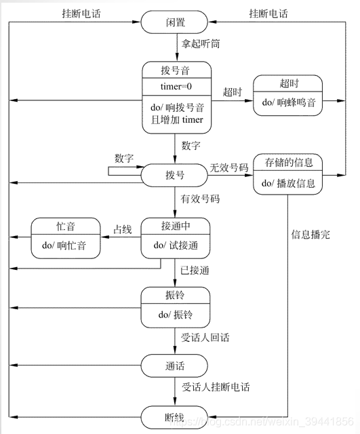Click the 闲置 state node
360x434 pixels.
[x=174, y=22]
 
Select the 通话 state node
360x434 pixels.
[x=174, y=366]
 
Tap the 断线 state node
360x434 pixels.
[x=174, y=417]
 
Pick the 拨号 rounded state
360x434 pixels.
[x=174, y=175]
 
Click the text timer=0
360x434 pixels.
[x=176, y=87]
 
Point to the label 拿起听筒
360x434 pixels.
[x=201, y=43]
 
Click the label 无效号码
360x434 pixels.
[x=229, y=167]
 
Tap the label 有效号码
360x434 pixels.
[x=200, y=199]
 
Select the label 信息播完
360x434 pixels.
[x=311, y=235]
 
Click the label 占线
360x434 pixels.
[x=122, y=229]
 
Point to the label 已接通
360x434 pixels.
[x=195, y=270]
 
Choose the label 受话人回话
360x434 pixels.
[x=205, y=338]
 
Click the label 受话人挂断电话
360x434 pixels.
[x=216, y=387]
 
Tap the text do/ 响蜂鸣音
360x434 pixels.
[x=289, y=102]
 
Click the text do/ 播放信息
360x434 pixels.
[x=288, y=183]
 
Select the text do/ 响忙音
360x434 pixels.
[x=64, y=245]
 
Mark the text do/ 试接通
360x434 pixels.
[x=176, y=245]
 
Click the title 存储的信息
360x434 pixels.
[x=289, y=163]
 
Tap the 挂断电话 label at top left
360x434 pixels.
[x=81, y=14]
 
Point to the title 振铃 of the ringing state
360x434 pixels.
[x=175, y=295]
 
